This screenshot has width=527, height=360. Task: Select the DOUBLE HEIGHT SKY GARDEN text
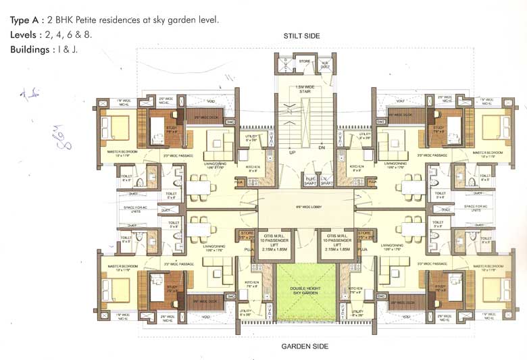295,290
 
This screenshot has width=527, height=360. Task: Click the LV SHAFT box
326,181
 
